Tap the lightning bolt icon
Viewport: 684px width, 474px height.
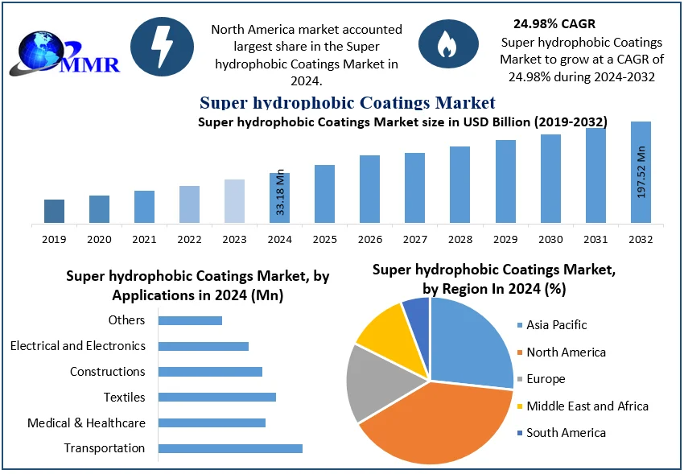162,47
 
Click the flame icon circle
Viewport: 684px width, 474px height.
444,46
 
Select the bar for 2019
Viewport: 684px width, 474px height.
54,211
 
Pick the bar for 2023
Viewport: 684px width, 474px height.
234,200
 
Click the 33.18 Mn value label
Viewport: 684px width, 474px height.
279,192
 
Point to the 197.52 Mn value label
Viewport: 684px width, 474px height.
641,172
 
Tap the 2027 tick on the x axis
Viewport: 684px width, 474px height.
414,239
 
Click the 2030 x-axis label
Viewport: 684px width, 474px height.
550,239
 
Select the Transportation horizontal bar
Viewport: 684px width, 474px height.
230,448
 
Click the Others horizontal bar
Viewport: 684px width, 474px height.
190,320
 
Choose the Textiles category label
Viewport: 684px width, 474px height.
124,397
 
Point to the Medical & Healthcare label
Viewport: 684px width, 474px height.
86,422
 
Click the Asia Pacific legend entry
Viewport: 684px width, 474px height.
556,325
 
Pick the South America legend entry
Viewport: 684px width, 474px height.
566,433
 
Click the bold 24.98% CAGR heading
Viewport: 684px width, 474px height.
554,23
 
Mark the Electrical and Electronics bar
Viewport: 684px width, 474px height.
203,346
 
